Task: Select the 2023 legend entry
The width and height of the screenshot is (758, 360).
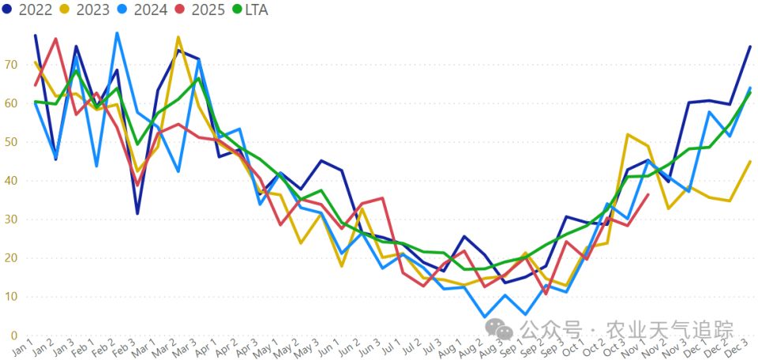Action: [x=85, y=10]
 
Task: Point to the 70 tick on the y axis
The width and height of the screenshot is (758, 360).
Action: [x=10, y=65]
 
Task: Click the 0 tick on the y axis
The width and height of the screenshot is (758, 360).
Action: [x=13, y=336]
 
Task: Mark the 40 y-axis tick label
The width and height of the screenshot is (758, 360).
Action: [x=10, y=181]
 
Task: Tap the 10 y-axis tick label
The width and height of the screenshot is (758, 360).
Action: [x=10, y=297]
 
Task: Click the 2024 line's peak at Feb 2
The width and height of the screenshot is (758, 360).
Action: [x=117, y=33]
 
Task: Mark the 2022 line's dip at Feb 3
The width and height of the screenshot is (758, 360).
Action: [x=137, y=213]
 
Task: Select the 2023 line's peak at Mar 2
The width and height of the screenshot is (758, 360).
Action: [x=178, y=37]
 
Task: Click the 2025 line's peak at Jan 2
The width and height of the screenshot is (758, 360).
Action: [x=56, y=39]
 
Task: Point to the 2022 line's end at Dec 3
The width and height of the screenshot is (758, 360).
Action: [x=750, y=47]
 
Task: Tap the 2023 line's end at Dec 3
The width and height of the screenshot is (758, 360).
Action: [x=750, y=161]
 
